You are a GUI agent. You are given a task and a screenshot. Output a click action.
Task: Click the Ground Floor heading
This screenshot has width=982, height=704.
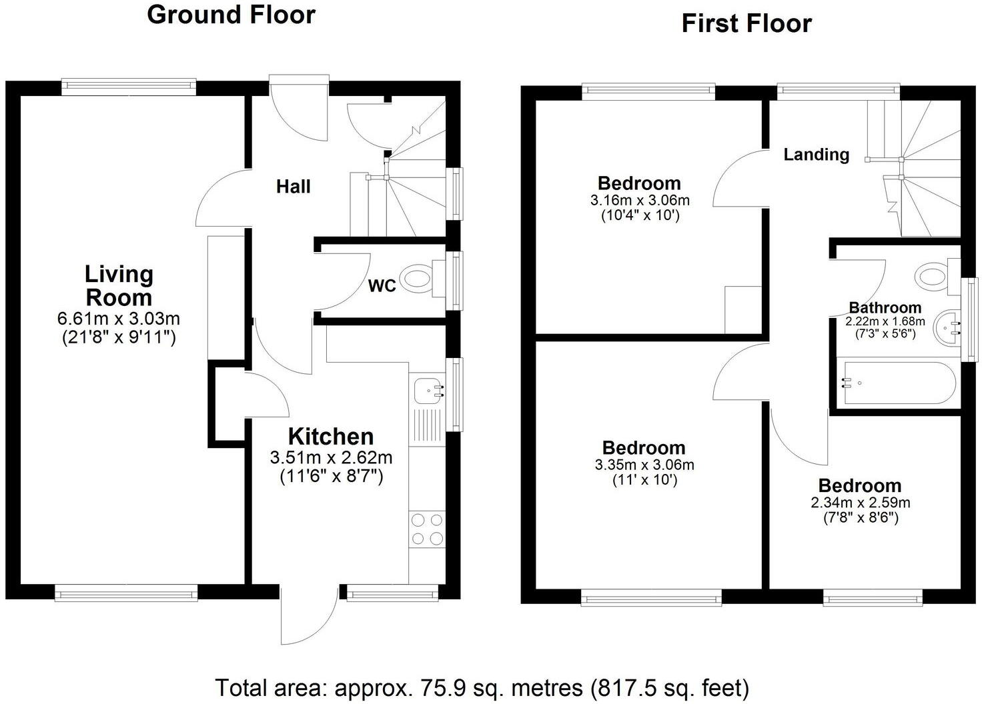231,15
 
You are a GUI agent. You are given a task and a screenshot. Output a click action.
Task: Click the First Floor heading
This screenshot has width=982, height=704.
746,24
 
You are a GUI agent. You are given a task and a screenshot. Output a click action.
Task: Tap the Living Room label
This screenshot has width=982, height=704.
119,285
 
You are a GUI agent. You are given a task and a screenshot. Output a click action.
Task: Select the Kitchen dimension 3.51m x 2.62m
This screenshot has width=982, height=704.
331,458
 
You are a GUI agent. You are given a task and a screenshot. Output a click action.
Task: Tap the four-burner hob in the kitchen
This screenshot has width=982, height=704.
428,529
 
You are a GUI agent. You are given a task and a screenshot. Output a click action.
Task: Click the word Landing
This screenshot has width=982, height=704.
816,155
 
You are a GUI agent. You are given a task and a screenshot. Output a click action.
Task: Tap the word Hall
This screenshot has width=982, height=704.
294,187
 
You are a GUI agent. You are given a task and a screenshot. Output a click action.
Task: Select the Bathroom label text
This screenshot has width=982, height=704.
885,308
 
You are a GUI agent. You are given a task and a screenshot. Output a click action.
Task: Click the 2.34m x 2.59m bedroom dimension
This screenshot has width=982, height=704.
860,503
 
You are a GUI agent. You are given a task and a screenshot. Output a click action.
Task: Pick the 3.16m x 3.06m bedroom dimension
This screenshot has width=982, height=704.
639,200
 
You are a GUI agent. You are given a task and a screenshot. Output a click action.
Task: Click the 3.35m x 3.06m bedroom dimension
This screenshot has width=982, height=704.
644,465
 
